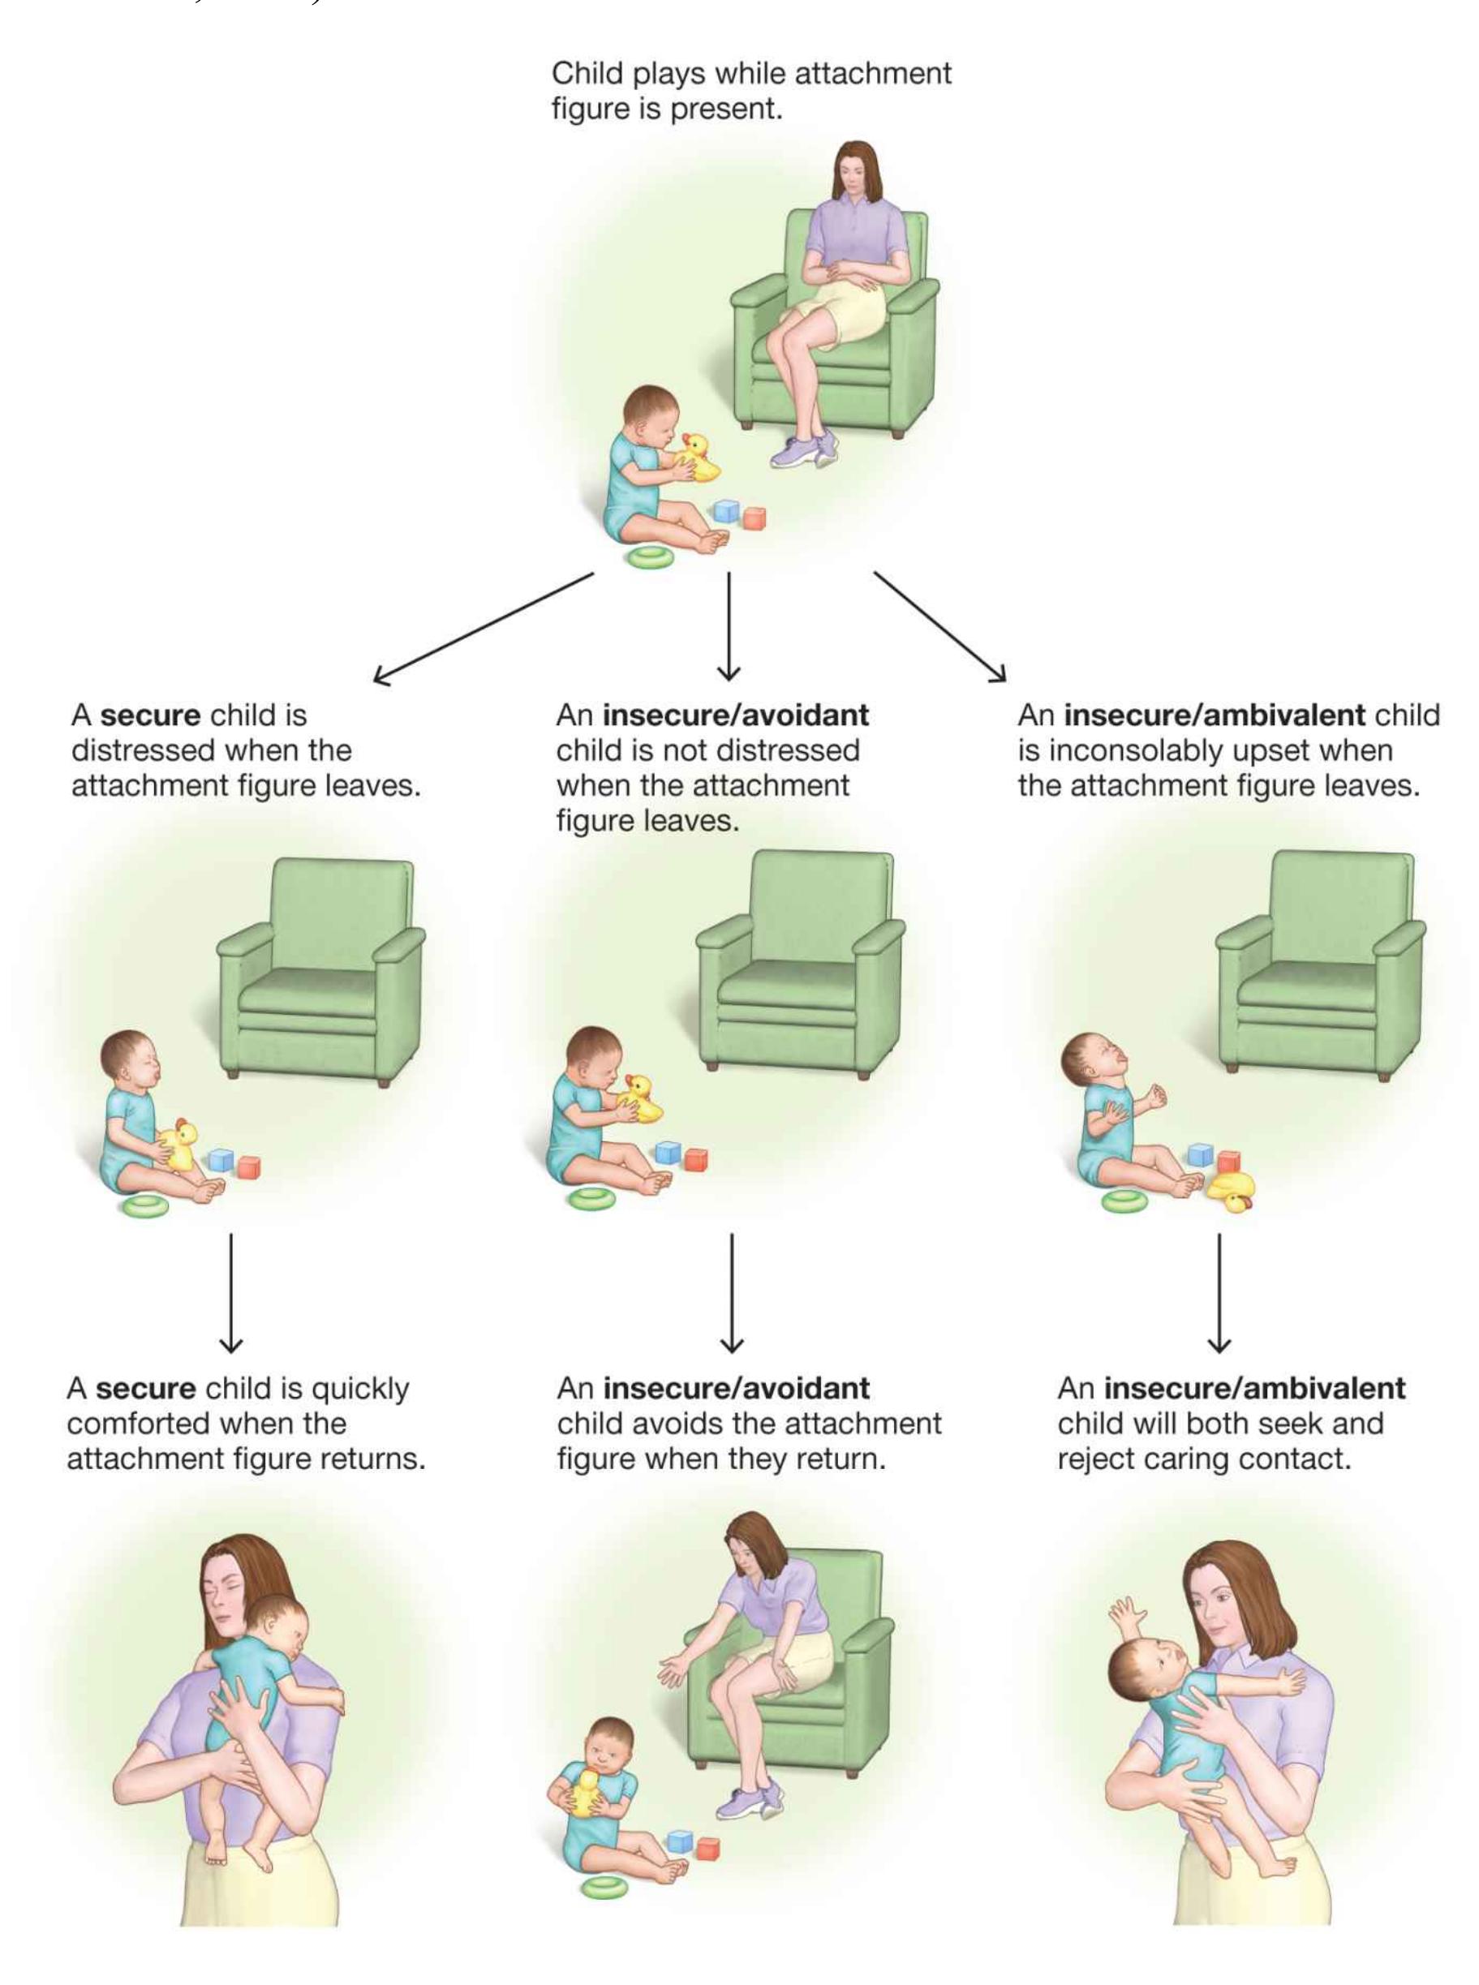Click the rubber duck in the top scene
pos(698,458)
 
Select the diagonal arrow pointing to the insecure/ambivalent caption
pos(940,626)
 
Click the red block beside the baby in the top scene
pos(754,518)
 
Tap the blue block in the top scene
pos(726,512)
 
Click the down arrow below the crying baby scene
pos(1219,1292)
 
